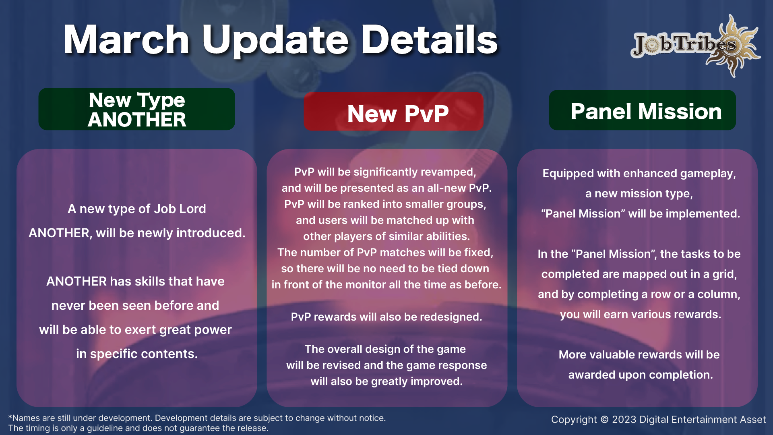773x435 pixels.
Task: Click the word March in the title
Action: [126, 39]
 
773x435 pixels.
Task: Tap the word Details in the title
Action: [430, 39]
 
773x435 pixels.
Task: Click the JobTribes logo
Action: [695, 46]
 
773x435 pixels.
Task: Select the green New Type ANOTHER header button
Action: [137, 109]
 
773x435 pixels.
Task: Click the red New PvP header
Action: [394, 112]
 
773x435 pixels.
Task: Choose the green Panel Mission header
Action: [642, 110]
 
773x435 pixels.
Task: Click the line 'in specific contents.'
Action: [137, 354]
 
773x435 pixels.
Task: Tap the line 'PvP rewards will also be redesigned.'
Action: [386, 317]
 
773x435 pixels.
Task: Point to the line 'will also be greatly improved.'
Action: [386, 381]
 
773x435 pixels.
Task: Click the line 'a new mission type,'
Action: [639, 194]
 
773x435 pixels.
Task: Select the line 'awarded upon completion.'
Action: [641, 375]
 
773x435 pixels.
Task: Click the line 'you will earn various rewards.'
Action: [641, 315]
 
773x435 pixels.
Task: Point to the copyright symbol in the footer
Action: [604, 420]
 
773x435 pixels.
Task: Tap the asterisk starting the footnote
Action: [10, 417]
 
